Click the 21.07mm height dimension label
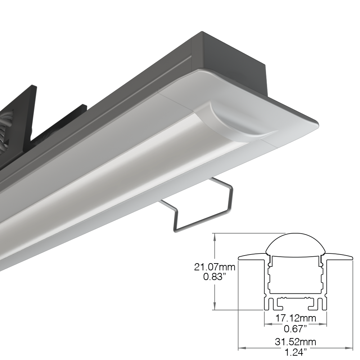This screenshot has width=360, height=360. (215, 267)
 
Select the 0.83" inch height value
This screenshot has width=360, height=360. (213, 277)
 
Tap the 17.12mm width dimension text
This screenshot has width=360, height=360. (296, 318)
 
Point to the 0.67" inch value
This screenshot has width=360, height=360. (295, 329)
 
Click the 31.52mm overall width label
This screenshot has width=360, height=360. (296, 342)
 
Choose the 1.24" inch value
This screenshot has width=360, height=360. (296, 352)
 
